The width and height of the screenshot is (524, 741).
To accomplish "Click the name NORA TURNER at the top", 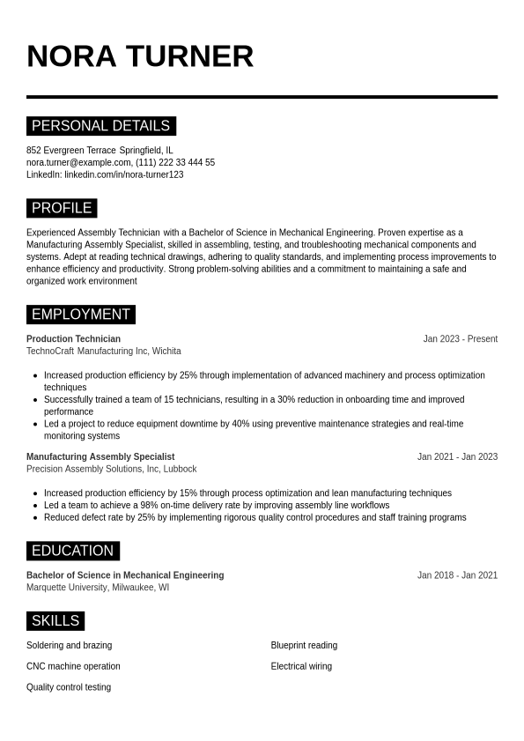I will click(140, 56).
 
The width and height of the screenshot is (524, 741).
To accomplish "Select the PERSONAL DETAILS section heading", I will click(100, 126).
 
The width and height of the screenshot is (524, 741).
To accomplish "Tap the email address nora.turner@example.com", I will click(78, 163).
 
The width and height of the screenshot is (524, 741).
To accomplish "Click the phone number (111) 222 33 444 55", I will click(175, 163).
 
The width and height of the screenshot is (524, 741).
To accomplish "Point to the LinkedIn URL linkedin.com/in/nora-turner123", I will click(123, 174).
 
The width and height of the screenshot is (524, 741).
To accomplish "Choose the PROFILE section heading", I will click(62, 208).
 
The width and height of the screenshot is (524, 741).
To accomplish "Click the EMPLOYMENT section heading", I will click(81, 315).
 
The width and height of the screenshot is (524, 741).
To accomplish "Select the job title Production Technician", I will click(73, 339).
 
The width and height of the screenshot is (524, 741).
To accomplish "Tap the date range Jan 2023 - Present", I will click(460, 339).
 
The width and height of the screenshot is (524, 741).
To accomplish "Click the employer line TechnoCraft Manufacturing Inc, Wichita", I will click(103, 351).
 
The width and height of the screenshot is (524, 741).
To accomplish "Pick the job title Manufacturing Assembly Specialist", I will click(100, 457).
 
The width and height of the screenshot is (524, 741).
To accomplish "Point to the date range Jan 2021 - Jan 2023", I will click(457, 457).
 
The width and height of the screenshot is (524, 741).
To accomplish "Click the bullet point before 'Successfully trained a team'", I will click(35, 400).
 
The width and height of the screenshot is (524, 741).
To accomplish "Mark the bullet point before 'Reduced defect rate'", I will click(35, 518).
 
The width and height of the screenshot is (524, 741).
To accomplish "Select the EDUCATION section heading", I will click(72, 551).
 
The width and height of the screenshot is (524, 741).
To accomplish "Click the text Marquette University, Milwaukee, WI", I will click(98, 588).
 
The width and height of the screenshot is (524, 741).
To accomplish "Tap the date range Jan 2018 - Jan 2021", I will click(457, 575).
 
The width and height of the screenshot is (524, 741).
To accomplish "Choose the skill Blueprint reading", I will click(304, 646).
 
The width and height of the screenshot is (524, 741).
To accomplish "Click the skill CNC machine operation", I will click(73, 666).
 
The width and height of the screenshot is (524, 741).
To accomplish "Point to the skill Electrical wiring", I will click(301, 666).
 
